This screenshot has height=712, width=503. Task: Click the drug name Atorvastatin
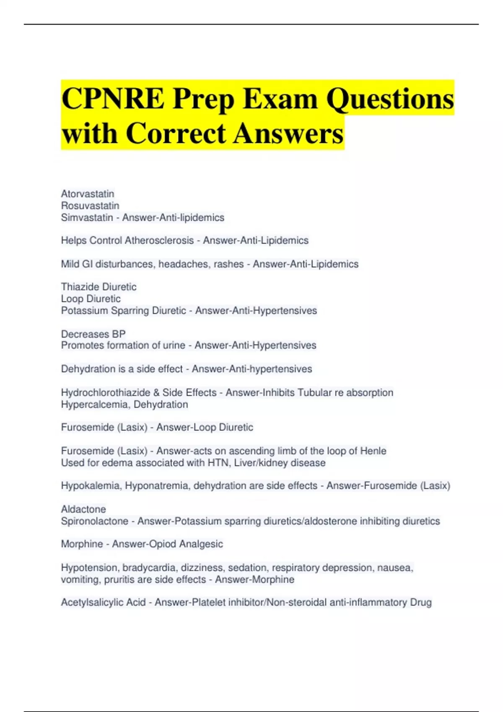pyautogui.click(x=88, y=194)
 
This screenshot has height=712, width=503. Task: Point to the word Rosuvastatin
pyautogui.click(x=90, y=206)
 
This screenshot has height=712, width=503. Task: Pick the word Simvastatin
pyautogui.click(x=87, y=217)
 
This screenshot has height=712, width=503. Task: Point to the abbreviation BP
pyautogui.click(x=119, y=334)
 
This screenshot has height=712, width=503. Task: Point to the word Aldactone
pyautogui.click(x=83, y=509)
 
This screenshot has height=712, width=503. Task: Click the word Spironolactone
pyautogui.click(x=94, y=521)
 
